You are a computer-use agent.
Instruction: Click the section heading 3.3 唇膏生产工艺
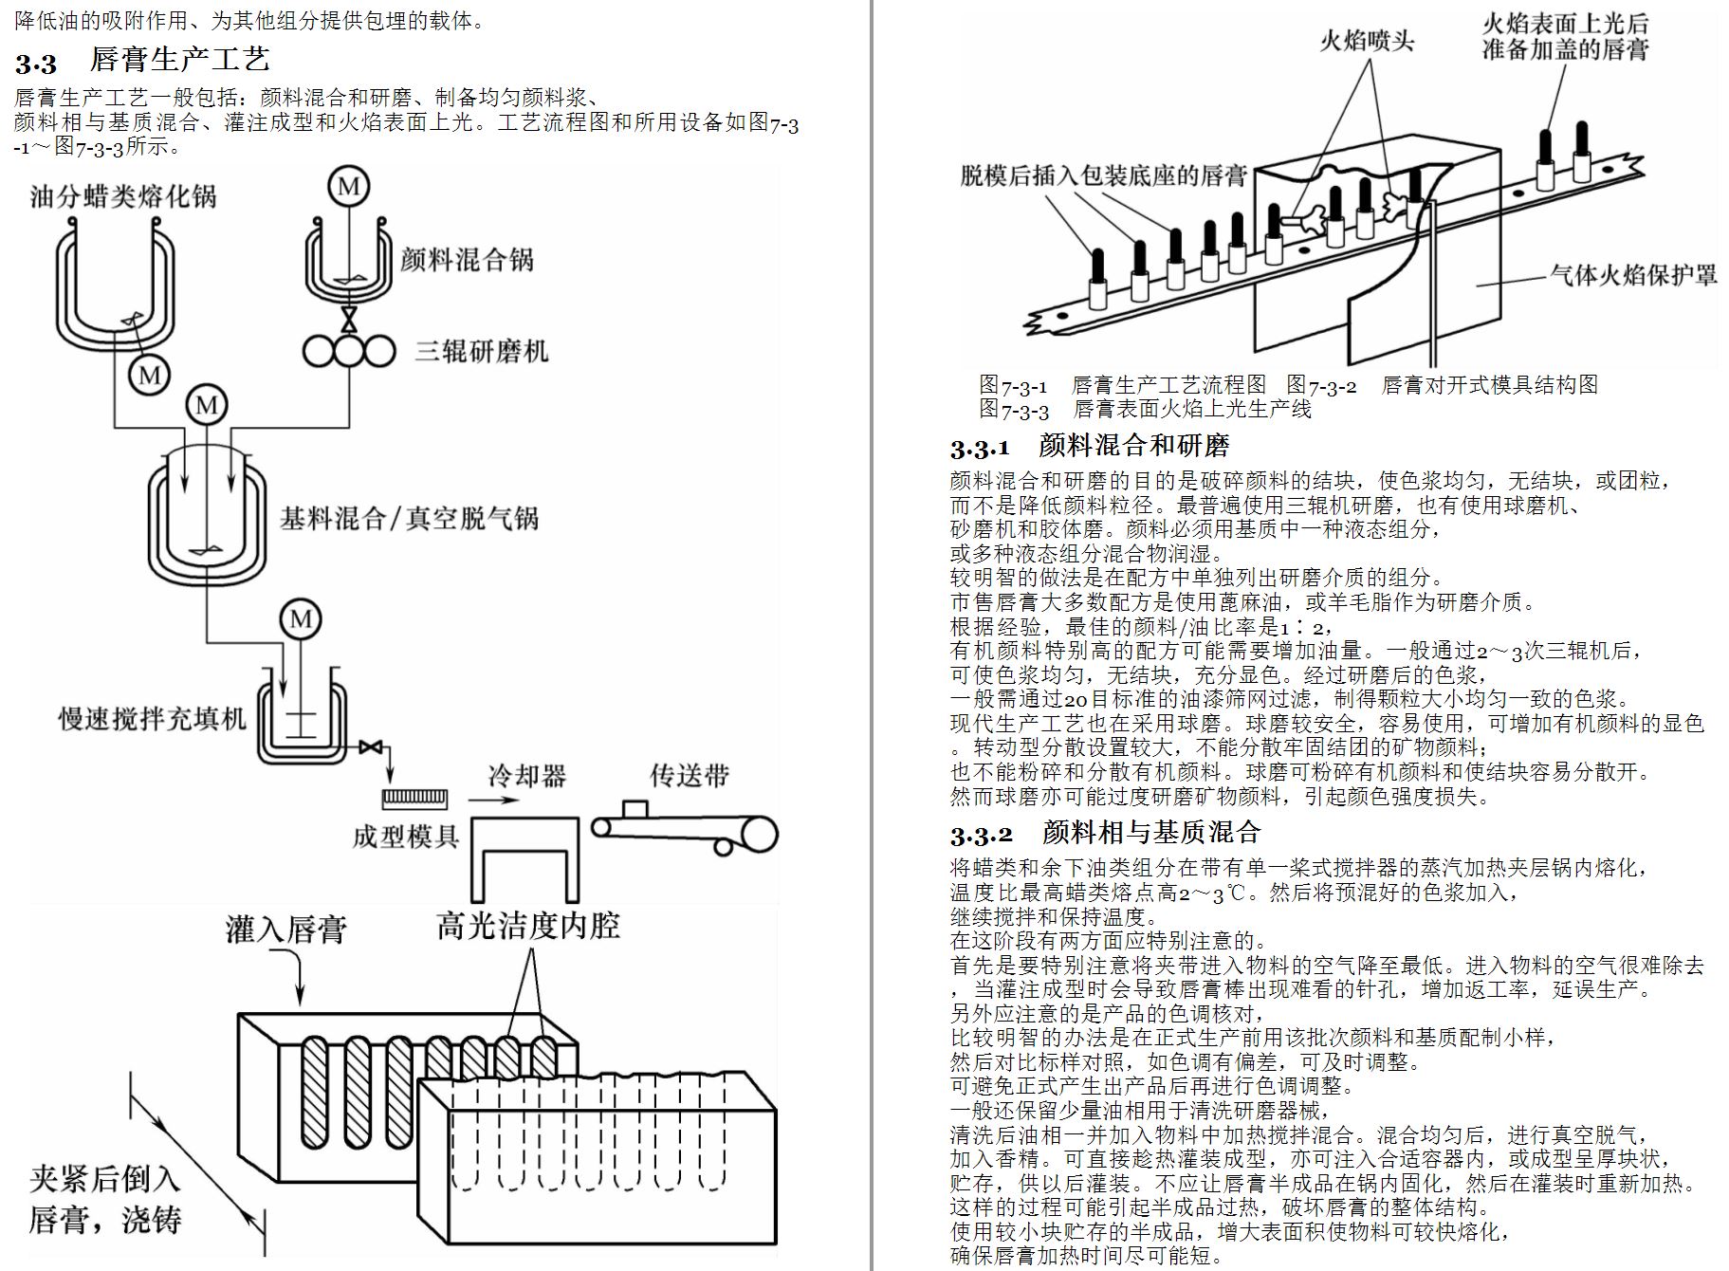click(142, 61)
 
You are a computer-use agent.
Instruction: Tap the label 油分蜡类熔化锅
click(123, 196)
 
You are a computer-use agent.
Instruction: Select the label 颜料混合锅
click(467, 259)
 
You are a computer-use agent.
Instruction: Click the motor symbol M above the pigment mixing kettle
click(348, 186)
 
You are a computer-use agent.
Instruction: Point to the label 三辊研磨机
click(482, 352)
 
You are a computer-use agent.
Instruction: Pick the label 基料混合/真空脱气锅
click(409, 518)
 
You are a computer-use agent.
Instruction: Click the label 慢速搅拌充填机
click(152, 718)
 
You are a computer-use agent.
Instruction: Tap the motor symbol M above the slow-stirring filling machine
click(301, 619)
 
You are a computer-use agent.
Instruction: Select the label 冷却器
click(526, 776)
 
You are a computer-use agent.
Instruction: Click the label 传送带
click(690, 775)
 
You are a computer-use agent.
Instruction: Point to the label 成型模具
click(406, 836)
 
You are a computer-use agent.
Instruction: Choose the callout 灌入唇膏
click(285, 929)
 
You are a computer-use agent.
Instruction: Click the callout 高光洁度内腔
click(528, 925)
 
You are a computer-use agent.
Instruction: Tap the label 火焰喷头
click(1367, 40)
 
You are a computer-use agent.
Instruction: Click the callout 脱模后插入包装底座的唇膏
click(1103, 175)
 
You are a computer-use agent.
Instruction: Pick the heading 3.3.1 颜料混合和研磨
click(1090, 446)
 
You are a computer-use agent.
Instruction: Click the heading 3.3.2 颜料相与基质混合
click(1105, 833)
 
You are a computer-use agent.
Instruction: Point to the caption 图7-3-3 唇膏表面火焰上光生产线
click(1145, 410)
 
